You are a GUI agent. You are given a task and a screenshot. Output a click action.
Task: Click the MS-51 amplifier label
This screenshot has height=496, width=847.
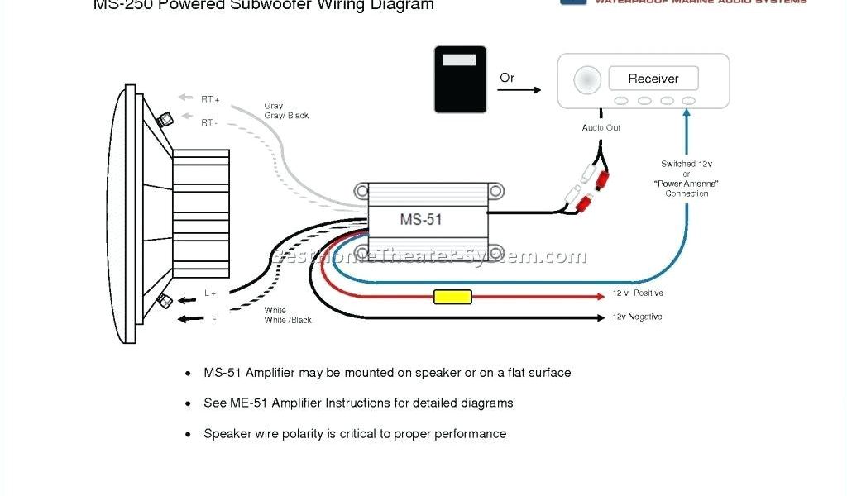click(x=422, y=220)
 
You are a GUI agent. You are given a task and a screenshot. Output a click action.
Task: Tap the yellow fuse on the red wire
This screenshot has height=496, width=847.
click(x=452, y=297)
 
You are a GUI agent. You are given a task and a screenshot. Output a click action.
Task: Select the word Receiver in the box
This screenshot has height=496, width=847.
click(x=653, y=79)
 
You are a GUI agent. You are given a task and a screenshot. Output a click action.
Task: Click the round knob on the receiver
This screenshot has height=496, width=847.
click(x=587, y=79)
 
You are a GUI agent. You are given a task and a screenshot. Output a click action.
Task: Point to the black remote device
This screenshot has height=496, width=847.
click(x=460, y=79)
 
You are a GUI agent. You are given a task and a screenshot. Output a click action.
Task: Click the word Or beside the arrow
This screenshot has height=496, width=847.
click(x=507, y=78)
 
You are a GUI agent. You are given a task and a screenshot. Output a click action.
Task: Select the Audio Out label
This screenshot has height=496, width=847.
click(x=601, y=128)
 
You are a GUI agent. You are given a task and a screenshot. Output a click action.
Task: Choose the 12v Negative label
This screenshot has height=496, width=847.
click(x=637, y=317)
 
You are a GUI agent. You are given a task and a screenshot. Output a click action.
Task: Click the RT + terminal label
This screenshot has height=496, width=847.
click(x=210, y=99)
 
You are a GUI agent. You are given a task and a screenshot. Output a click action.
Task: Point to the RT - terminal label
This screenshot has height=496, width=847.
click(x=208, y=123)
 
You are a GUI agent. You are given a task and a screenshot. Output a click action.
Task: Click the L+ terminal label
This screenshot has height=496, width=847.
click(x=210, y=293)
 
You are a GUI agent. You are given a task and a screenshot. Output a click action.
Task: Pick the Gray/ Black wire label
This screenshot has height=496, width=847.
click(x=286, y=116)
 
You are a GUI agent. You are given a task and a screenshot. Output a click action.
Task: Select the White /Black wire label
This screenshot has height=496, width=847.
click(x=288, y=320)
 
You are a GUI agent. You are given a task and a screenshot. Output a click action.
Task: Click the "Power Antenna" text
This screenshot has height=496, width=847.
click(x=687, y=184)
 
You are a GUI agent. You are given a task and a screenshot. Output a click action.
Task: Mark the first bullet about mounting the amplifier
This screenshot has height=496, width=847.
click(x=387, y=373)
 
